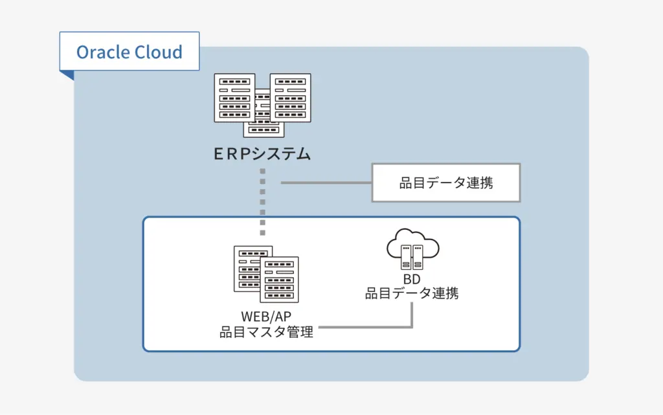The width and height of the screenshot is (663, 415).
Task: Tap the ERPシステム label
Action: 263,154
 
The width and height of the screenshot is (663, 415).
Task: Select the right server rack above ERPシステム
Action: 291,98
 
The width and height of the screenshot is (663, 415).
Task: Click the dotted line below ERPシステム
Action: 263,201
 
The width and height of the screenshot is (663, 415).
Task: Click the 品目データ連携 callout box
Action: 445,183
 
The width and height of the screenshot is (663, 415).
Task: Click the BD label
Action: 412,279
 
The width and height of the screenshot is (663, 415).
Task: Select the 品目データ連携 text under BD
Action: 412,293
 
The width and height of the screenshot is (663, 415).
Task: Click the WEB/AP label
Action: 267,317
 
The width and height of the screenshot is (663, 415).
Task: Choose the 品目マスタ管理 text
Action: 267,332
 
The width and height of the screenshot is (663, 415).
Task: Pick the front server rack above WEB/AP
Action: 279,280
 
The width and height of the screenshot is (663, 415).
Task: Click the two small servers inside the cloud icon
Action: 412,256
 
